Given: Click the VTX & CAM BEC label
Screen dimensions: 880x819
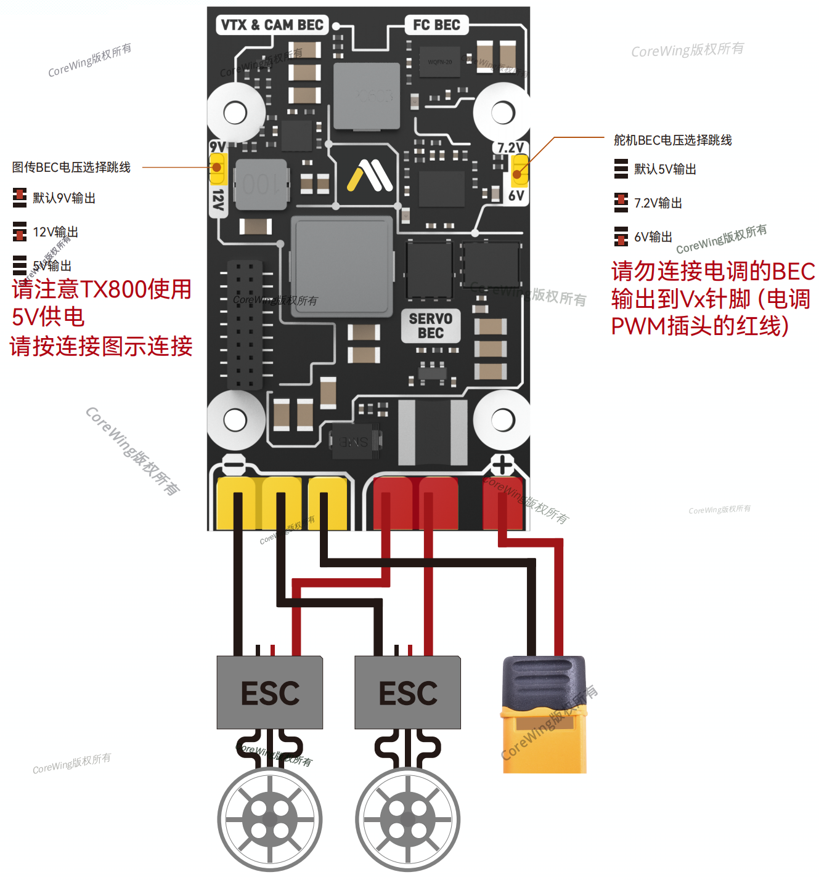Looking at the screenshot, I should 272,25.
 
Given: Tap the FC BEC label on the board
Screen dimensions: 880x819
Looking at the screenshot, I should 436,25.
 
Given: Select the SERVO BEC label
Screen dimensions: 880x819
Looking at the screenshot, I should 431,326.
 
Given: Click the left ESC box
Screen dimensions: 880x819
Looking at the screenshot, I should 270,693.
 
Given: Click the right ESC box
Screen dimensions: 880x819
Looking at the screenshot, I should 408,693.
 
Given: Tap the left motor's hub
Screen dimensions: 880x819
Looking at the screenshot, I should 270,820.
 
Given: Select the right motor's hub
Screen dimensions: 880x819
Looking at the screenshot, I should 408,820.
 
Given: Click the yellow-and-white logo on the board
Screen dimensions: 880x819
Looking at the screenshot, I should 370,176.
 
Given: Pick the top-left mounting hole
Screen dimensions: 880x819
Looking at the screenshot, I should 235,113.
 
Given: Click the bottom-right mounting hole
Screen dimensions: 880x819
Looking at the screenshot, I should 503,421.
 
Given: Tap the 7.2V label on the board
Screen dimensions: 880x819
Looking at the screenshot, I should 510,148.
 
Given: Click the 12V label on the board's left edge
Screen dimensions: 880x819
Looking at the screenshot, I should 218,200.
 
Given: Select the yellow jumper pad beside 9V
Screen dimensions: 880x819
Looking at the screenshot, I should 217,168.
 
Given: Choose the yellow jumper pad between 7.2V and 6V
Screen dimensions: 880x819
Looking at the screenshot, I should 519,171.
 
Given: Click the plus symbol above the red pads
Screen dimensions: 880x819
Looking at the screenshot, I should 502,465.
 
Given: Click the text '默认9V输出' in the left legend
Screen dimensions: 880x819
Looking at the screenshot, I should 64,198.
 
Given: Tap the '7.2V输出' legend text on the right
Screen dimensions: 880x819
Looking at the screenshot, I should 658,203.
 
